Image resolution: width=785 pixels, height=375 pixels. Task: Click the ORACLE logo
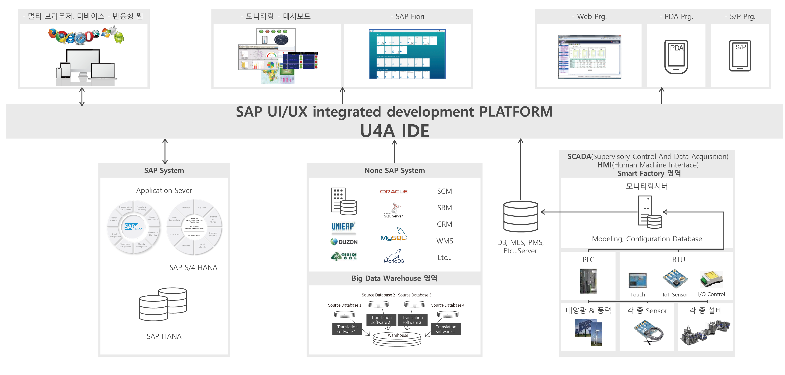click(394, 191)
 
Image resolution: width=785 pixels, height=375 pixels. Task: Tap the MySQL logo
click(394, 235)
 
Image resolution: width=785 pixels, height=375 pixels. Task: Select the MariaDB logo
click(394, 257)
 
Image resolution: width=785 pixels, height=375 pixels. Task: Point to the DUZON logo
click(344, 242)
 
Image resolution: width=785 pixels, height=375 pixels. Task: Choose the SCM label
click(444, 191)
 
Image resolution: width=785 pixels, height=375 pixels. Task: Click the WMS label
click(445, 241)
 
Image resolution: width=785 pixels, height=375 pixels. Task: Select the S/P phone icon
click(740, 56)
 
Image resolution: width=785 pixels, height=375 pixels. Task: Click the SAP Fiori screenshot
click(407, 54)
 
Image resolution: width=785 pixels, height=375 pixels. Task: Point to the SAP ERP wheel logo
click(133, 227)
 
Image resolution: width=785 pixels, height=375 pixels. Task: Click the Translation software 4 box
click(446, 329)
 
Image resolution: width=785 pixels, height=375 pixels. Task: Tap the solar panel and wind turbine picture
click(588, 332)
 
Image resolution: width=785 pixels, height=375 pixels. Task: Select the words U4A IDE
click(394, 131)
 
